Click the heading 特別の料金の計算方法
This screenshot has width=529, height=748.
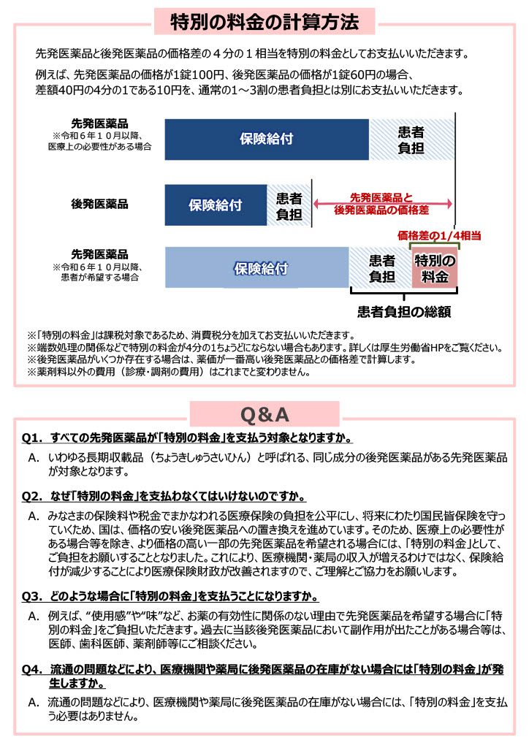[x=264, y=22]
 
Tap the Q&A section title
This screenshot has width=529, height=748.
[x=264, y=415]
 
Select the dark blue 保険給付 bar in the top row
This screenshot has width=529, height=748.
[x=267, y=139]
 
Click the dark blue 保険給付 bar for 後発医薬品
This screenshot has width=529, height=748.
[x=216, y=205]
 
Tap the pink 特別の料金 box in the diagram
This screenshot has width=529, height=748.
[x=435, y=268]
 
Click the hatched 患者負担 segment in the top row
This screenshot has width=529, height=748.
[x=411, y=139]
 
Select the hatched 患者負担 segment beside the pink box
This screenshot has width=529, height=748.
[x=381, y=268]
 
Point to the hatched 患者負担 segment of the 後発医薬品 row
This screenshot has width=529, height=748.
[x=289, y=205]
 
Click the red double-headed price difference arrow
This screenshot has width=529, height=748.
[x=383, y=204]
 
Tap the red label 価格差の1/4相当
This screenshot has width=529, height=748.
[x=439, y=236]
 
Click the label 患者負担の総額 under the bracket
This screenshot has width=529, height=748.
[x=403, y=312]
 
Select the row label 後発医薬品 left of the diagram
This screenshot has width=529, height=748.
[x=99, y=205]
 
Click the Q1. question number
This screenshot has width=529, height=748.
[x=34, y=439]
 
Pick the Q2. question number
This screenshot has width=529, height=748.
[x=34, y=497]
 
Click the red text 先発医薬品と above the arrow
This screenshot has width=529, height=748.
[x=382, y=197]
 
